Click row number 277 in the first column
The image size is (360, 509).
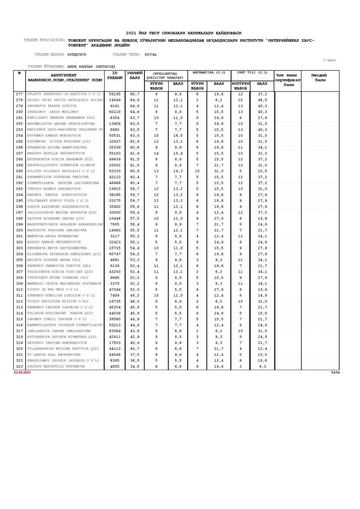click(19, 94)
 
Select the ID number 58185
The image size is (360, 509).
click(114, 94)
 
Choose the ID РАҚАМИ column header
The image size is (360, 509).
click(114, 75)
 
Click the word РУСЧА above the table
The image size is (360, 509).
click(151, 54)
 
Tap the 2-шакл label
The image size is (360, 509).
click(330, 59)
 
